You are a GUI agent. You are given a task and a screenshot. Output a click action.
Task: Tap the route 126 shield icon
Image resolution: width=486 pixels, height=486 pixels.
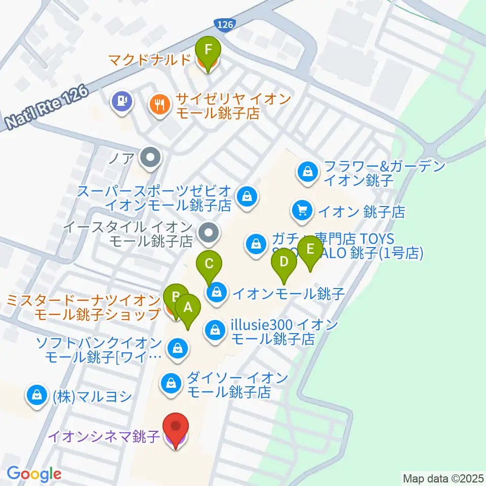[223, 24]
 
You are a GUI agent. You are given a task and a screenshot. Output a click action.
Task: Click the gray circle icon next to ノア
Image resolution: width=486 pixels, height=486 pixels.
[150, 159]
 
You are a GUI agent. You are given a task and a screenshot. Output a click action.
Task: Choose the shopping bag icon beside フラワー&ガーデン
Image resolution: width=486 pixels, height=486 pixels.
[307, 172]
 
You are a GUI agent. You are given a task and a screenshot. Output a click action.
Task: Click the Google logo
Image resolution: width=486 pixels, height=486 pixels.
[34, 474]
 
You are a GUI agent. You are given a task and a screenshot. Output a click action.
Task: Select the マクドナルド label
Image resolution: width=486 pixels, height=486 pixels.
[150, 60]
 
